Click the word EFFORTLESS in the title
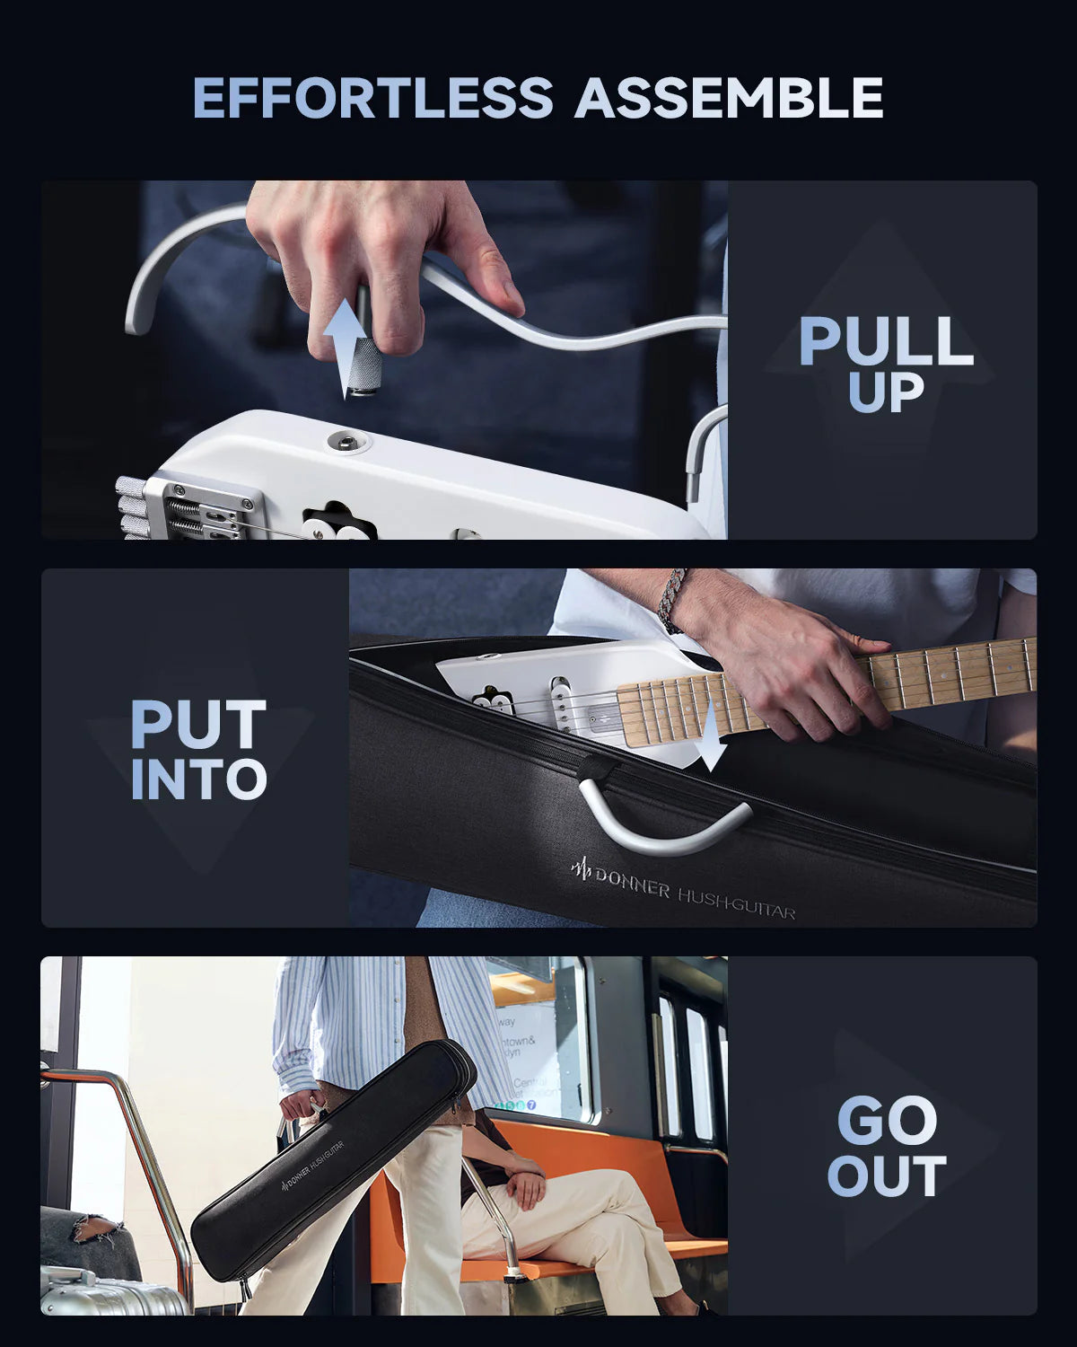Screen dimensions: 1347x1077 coord(372,98)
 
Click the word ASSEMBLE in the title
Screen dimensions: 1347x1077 coord(729,98)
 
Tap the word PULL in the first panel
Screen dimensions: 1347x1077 coord(886,342)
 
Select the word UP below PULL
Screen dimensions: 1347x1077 coord(886,393)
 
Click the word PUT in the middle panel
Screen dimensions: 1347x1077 coord(198,726)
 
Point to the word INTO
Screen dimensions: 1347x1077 coord(198,779)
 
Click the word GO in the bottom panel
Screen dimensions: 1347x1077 coord(887,1121)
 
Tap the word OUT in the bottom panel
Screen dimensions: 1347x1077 coord(887,1176)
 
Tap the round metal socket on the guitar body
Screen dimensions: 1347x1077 coord(342,440)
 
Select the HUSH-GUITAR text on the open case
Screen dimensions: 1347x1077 coord(736,903)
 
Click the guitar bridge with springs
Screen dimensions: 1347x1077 coord(202,512)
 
